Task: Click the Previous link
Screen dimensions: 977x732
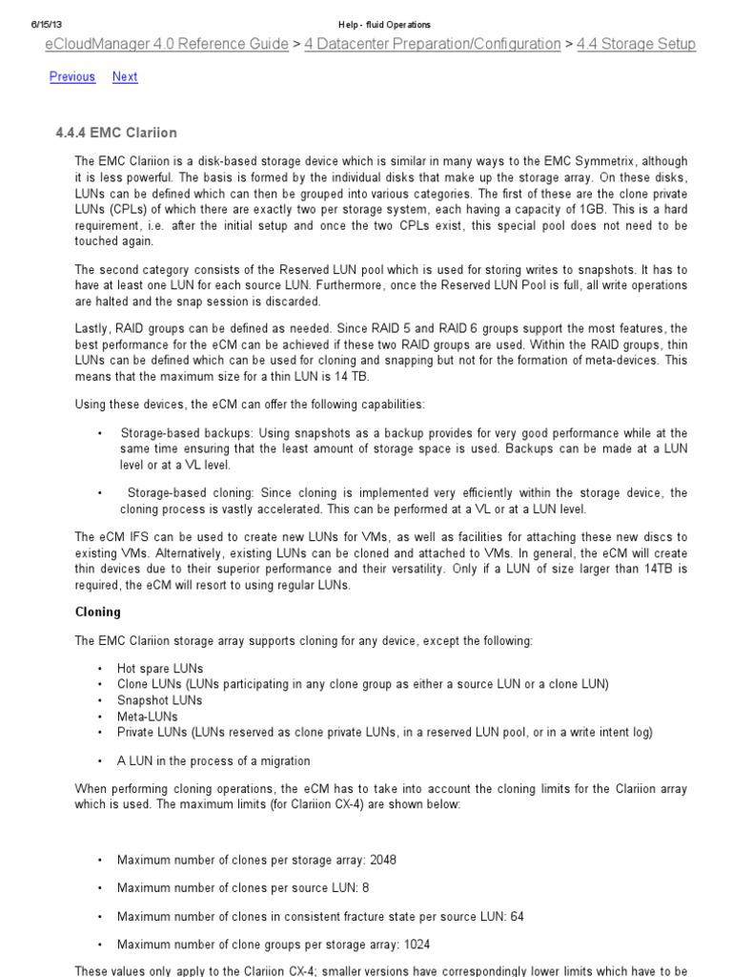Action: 72,76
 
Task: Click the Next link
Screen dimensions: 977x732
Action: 125,76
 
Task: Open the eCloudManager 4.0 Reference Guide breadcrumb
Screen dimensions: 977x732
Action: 167,44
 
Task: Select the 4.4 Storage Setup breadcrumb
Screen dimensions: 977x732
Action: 636,44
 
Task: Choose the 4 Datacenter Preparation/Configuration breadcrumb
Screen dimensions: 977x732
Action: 433,44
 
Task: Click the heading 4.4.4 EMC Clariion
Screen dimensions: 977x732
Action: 116,132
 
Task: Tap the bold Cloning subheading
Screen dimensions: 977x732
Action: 97,612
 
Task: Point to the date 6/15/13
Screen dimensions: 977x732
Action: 48,24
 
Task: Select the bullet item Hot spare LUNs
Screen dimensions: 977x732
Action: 159,668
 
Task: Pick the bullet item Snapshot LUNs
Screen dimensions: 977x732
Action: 159,700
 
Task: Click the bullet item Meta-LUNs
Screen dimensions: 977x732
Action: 147,716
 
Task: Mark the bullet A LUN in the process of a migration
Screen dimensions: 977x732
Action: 213,760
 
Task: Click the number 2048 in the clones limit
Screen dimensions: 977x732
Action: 383,859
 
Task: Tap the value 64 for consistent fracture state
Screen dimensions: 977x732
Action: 517,916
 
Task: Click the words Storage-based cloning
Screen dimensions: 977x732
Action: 177,492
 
